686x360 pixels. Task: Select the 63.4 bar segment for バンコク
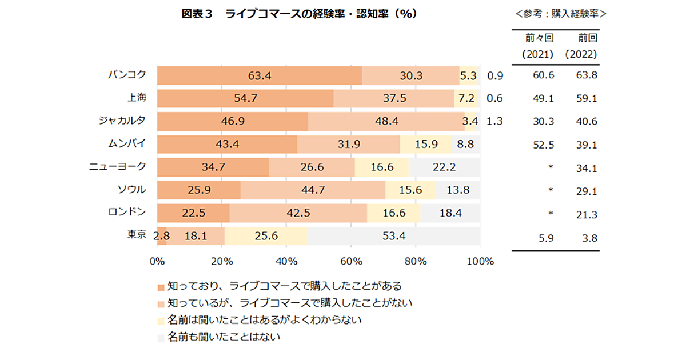(260, 75)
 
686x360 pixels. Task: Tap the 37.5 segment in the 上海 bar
(394, 98)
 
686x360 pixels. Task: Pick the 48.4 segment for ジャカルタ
(386, 121)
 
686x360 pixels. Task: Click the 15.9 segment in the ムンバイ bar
(426, 144)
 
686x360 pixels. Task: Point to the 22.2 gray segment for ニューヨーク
(444, 167)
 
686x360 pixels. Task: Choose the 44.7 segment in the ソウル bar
(313, 190)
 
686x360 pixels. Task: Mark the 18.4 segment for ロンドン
(450, 213)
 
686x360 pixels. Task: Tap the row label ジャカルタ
(121, 121)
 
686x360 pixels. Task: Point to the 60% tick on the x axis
(351, 262)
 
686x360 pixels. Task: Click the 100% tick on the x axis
(480, 262)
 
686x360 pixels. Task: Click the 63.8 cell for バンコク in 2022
(587, 75)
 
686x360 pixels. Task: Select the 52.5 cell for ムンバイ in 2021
(543, 145)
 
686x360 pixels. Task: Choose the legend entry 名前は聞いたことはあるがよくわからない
(265, 319)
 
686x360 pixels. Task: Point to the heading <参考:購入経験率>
(560, 14)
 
